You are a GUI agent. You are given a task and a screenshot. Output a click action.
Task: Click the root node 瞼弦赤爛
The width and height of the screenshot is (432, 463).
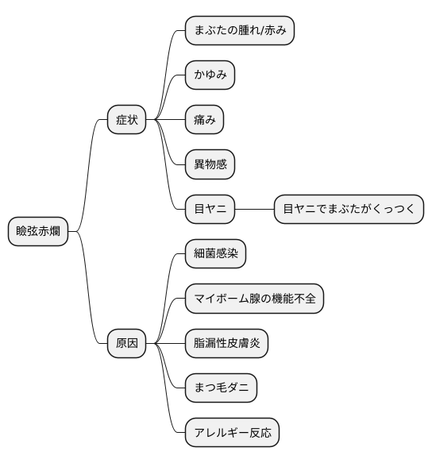[38, 232]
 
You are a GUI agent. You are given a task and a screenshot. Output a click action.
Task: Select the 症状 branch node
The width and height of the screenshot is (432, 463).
[127, 121]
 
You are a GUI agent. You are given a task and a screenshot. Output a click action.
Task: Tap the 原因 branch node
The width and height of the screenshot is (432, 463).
[127, 343]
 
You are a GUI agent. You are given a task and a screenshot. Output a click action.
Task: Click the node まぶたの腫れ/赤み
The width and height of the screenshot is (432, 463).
[240, 32]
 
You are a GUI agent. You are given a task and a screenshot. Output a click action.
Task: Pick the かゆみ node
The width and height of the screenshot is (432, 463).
[210, 76]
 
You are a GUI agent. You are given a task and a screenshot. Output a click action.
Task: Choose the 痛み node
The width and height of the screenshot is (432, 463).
[204, 121]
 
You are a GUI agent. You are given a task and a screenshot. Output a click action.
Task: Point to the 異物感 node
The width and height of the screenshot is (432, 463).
[210, 165]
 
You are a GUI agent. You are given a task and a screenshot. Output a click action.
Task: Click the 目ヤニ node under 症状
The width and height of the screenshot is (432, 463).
[210, 210]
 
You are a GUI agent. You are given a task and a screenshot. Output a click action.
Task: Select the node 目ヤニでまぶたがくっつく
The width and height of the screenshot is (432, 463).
[349, 210]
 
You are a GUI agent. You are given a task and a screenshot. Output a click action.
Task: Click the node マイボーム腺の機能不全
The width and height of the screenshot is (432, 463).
[254, 299]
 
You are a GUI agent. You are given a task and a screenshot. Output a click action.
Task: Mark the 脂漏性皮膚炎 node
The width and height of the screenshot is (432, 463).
[227, 343]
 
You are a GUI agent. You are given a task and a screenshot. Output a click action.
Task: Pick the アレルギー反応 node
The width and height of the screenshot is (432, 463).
[233, 433]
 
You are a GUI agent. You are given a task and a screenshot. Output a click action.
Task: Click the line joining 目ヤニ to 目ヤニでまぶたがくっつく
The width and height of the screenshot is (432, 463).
[255, 210]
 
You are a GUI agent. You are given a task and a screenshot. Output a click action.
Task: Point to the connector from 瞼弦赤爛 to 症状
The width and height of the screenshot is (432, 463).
[91, 159]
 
